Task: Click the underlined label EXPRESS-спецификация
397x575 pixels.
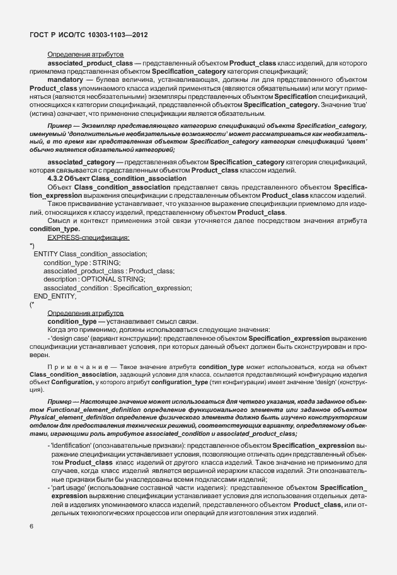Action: (x=88, y=237)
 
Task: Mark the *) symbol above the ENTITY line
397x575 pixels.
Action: (x=32, y=246)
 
